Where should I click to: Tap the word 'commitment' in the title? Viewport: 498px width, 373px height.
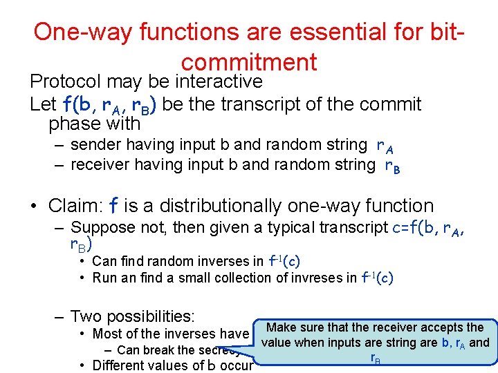pyautogui.click(x=249, y=62)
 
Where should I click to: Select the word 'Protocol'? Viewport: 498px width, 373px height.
pyautogui.click(x=66, y=82)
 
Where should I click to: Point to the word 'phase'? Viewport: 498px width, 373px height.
pyautogui.click(x=71, y=124)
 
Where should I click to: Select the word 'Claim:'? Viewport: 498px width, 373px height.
pyautogui.click(x=75, y=206)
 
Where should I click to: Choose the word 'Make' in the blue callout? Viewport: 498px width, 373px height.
pyautogui.click(x=281, y=327)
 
